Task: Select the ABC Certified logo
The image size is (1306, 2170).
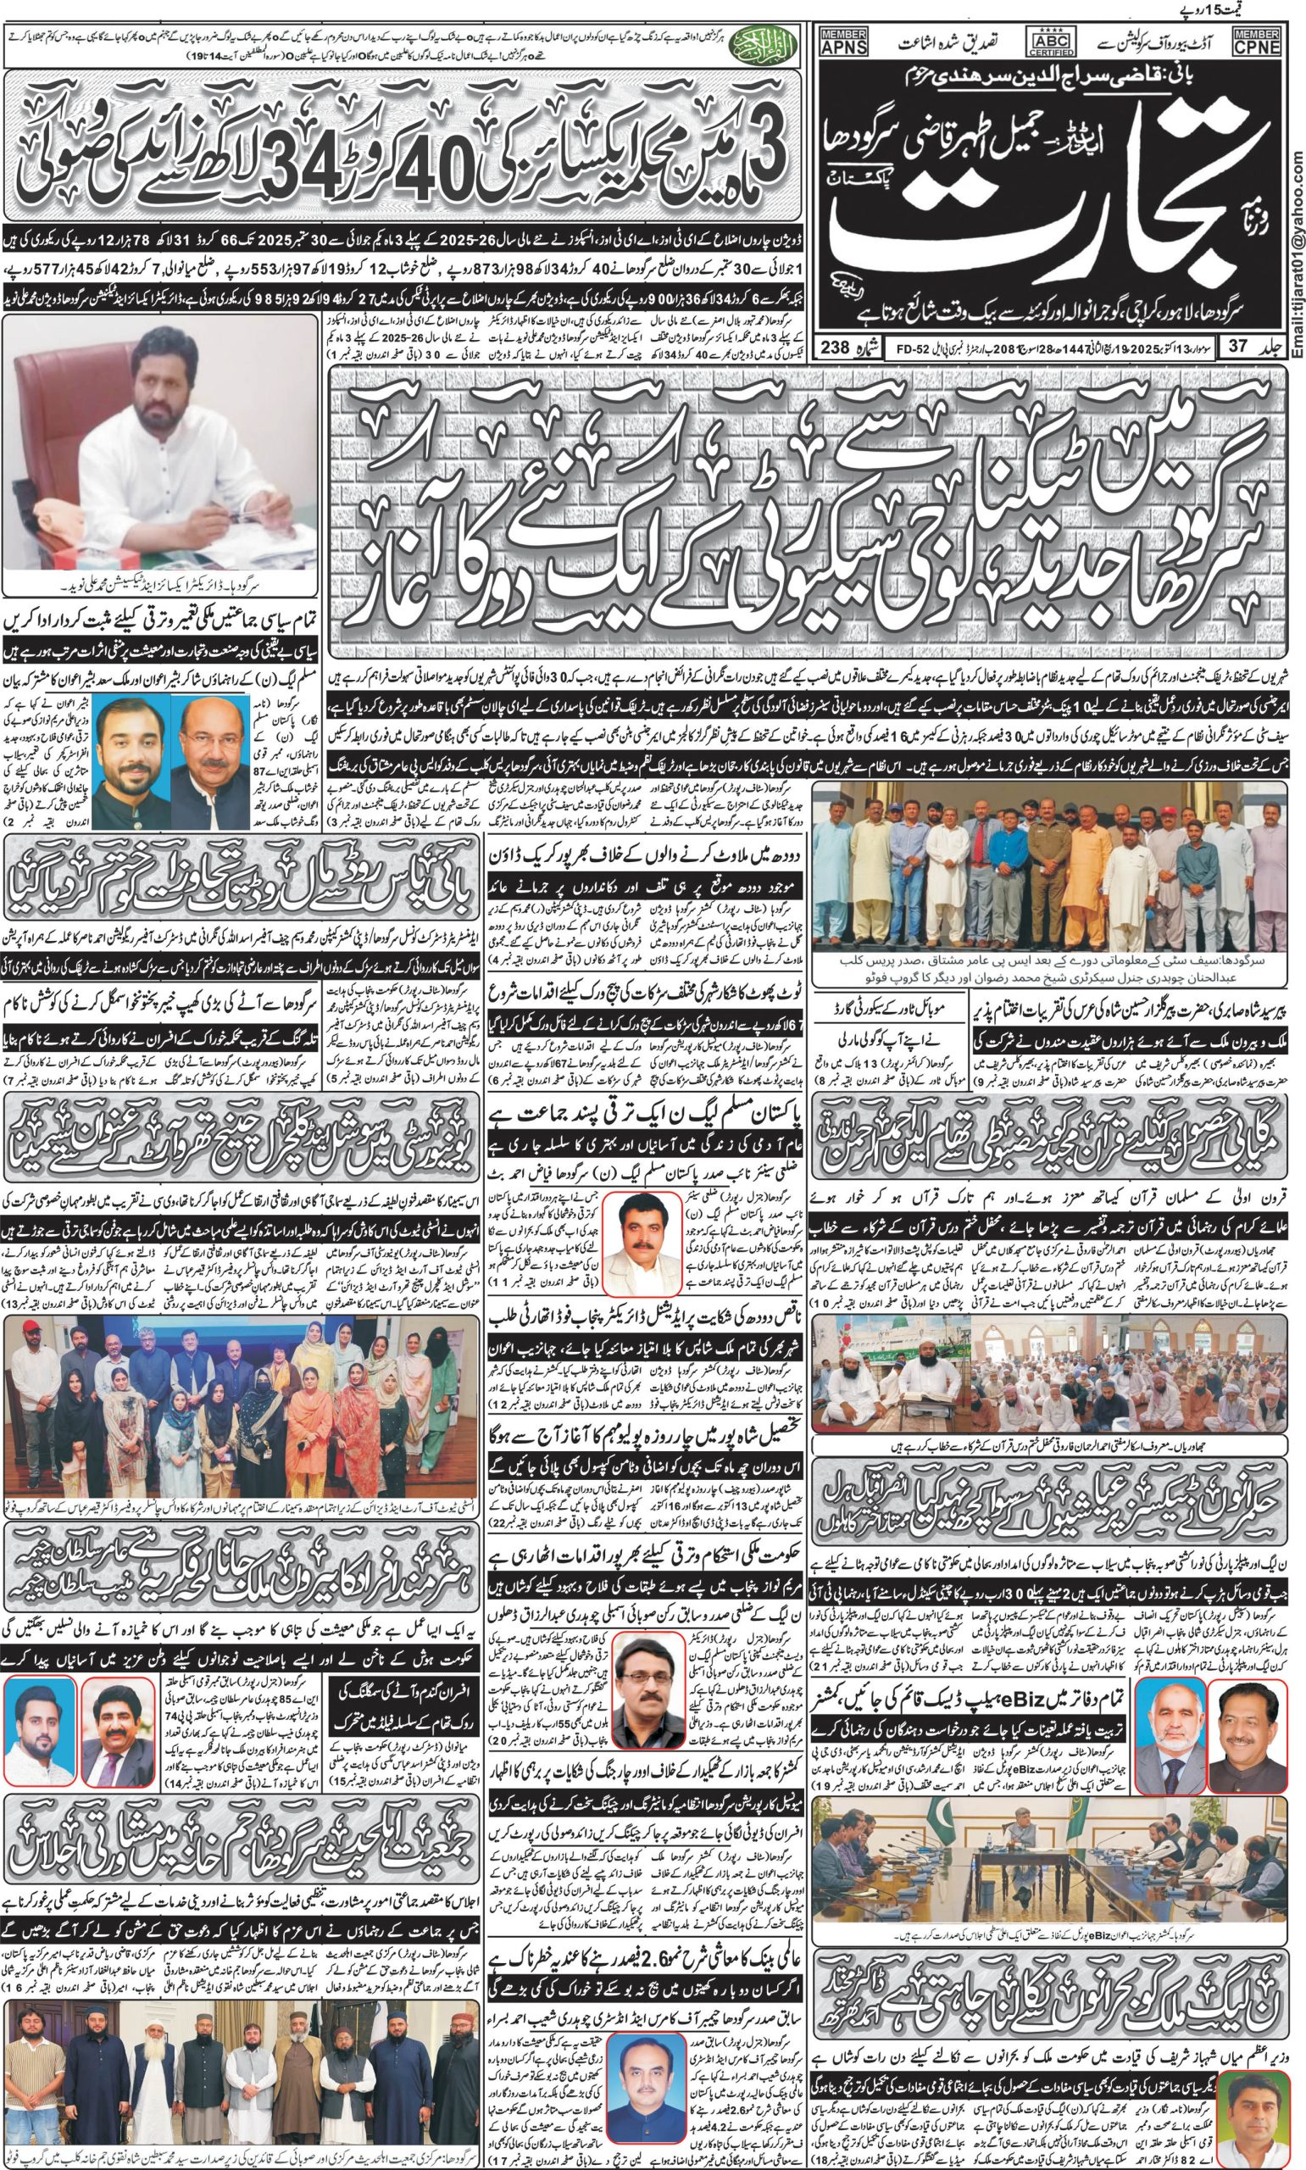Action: [1049, 42]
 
